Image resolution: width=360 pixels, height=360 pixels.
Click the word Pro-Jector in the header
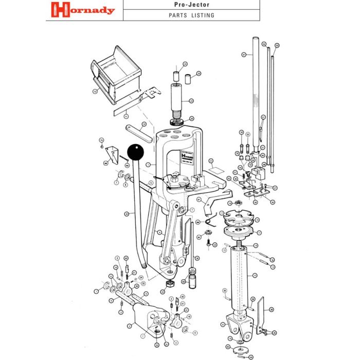[x=191, y=5]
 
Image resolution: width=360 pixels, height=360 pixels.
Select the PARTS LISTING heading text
[x=191, y=15]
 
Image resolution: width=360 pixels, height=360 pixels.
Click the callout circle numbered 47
[x=244, y=53]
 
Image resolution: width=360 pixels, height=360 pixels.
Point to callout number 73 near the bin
[x=95, y=92]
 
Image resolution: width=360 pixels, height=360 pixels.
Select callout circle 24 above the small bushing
[x=185, y=65]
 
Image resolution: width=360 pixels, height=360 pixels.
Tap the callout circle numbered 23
[x=191, y=101]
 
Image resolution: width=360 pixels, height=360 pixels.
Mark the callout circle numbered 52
[x=264, y=44]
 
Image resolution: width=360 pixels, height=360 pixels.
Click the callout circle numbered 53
[x=276, y=45]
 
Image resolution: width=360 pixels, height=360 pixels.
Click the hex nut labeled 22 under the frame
[x=168, y=284]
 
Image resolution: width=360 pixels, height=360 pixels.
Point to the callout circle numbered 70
[x=102, y=140]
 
